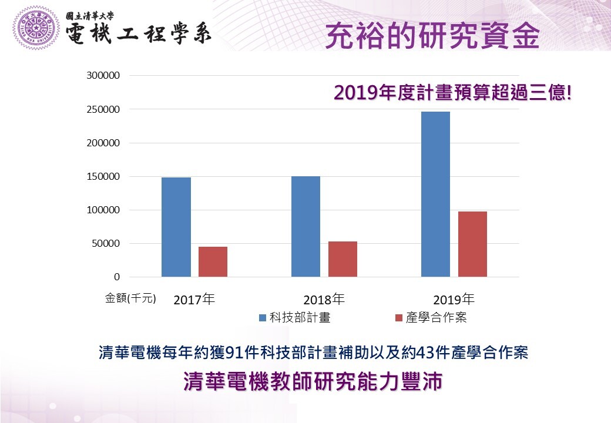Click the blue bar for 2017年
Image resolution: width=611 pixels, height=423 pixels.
(x=176, y=227)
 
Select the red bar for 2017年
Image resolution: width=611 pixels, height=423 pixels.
(x=213, y=261)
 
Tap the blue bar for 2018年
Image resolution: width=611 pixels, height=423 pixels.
(x=305, y=226)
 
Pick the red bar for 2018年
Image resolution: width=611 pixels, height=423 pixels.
(x=343, y=259)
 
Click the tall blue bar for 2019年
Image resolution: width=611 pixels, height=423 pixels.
(x=435, y=194)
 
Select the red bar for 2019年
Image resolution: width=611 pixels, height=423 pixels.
(x=472, y=244)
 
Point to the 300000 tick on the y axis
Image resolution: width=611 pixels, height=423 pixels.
(x=103, y=76)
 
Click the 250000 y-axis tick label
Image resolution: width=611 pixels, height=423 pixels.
(x=103, y=109)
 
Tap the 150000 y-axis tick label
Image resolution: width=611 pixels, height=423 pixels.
(x=103, y=176)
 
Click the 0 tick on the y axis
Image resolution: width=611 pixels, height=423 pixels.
(x=117, y=277)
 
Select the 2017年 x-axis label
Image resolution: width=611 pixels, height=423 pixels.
(x=194, y=299)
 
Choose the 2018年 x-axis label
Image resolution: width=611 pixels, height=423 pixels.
(x=324, y=299)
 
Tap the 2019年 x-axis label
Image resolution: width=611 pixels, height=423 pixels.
(x=454, y=299)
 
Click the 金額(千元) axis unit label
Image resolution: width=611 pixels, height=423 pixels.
(x=130, y=298)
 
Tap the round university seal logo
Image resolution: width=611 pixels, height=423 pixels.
(x=36, y=28)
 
